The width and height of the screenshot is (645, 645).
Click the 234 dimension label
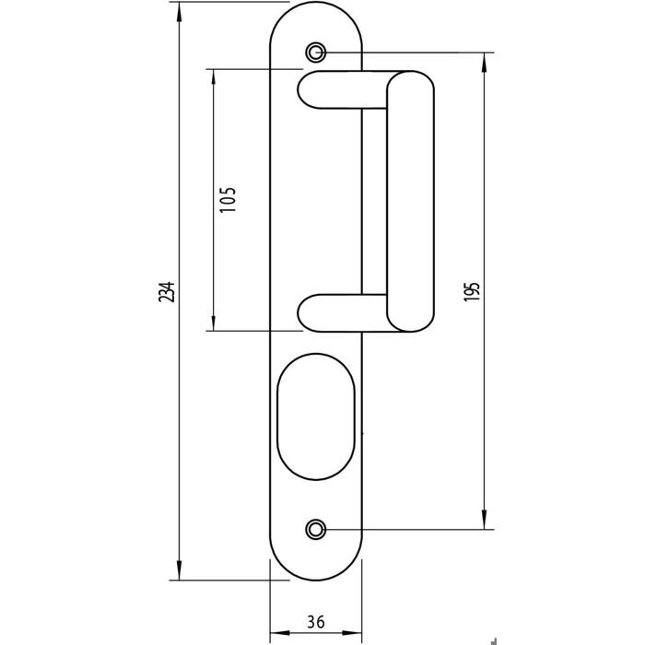[x=167, y=292]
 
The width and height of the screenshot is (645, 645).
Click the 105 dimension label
[x=228, y=200]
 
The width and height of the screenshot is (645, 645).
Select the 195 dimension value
[x=472, y=292]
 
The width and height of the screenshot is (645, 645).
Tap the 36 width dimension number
[x=316, y=621]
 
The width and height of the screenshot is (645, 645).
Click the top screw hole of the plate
[x=315, y=53]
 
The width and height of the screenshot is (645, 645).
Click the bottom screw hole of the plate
[x=315, y=529]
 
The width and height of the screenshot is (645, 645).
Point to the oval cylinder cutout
[x=315, y=416]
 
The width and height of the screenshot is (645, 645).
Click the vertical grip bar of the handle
[x=410, y=201]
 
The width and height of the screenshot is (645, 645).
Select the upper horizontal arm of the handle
[x=343, y=89]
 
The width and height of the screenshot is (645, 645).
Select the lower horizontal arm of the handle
[x=343, y=313]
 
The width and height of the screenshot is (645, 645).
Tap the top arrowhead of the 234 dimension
[x=179, y=12]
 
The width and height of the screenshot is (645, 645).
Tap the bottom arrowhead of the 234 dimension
[x=179, y=570]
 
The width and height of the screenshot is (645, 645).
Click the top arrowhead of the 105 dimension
[x=213, y=78]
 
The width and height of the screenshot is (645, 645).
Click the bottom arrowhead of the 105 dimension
[x=213, y=321]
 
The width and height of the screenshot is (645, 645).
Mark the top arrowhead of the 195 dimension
[x=484, y=63]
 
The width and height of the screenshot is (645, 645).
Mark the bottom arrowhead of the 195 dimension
[x=484, y=519]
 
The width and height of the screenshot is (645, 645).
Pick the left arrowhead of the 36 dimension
[x=280, y=632]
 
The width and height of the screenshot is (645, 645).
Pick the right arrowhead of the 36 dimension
[x=352, y=632]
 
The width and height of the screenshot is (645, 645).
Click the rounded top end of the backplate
[x=315, y=3]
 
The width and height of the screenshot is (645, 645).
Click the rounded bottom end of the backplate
[x=315, y=580]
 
